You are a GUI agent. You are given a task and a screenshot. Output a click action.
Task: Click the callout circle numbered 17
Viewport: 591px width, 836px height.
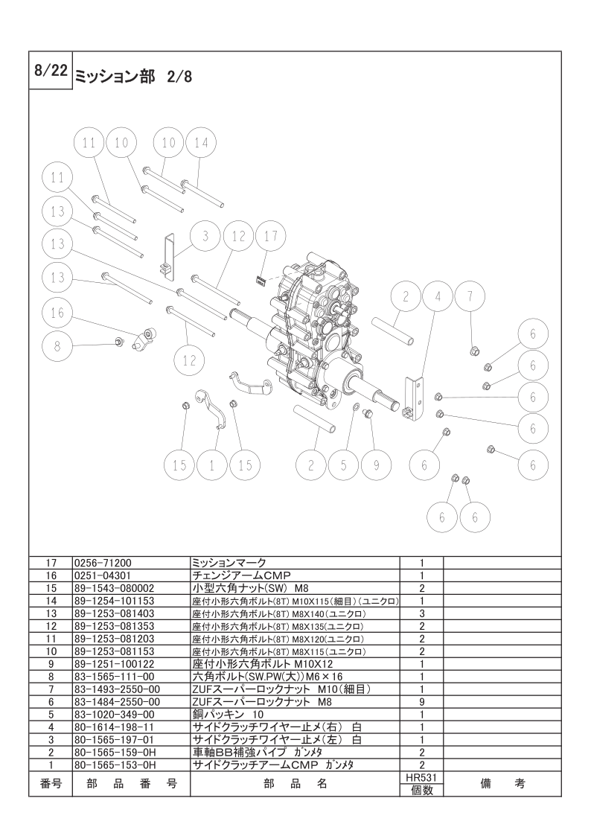tap(271, 236)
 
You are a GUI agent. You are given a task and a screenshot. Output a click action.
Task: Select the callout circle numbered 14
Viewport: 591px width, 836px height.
tap(201, 143)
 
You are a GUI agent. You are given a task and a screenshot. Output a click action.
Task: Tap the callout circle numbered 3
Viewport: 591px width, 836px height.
tap(205, 236)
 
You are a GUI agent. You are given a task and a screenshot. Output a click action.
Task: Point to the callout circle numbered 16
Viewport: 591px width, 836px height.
tap(57, 313)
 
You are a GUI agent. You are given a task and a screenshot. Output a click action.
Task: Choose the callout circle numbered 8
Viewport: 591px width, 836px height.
tap(57, 346)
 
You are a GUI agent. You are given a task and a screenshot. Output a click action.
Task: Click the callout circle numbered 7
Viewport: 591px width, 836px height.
tap(470, 296)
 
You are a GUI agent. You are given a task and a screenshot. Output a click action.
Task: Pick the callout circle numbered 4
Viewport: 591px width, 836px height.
tap(438, 296)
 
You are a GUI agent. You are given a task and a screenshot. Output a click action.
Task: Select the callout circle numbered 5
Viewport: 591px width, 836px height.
tap(344, 465)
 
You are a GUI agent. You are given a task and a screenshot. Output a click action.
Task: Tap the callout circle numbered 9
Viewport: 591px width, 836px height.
tap(376, 465)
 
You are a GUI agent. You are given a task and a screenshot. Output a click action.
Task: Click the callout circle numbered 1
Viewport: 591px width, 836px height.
tap(211, 465)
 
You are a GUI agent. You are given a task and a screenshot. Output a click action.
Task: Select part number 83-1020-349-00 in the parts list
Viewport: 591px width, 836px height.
tap(113, 715)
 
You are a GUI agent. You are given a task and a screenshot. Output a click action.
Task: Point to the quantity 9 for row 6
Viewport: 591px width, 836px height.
tap(421, 702)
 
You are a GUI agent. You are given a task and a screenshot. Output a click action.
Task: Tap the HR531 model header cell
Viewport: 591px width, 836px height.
tap(421, 778)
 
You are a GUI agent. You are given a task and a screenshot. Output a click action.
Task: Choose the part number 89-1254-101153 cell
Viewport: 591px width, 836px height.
tap(114, 601)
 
